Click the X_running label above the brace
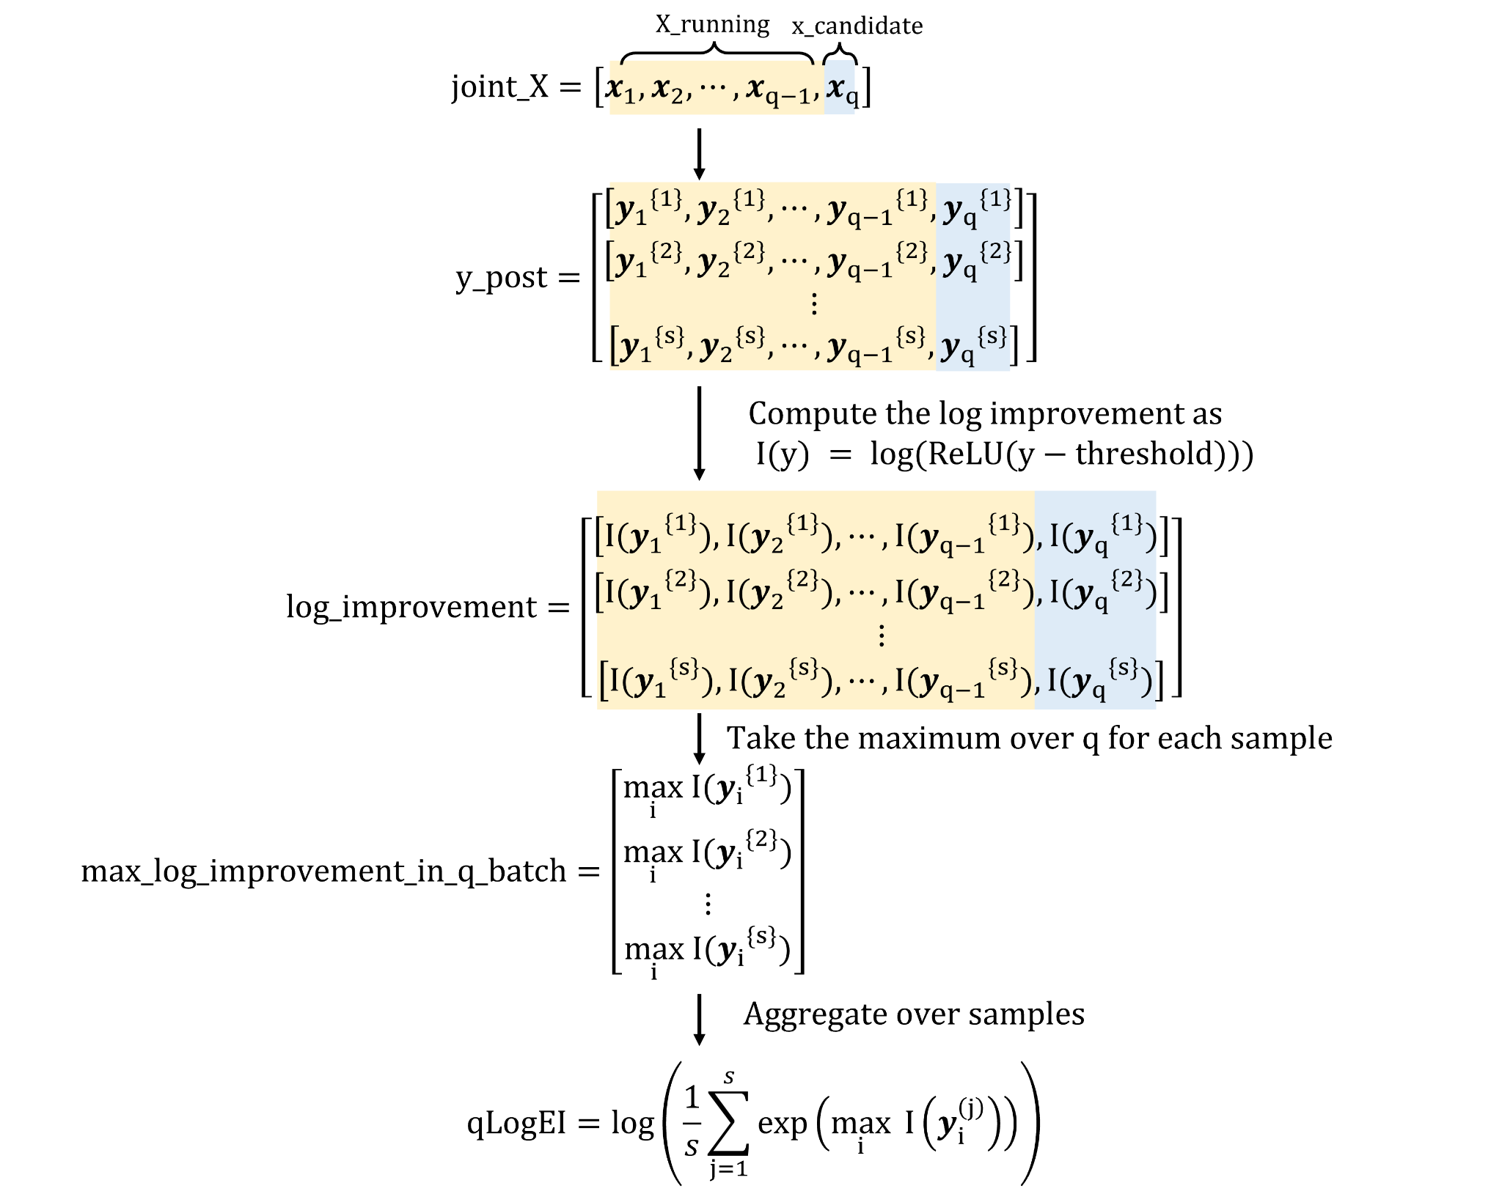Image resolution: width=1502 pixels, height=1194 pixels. point(712,24)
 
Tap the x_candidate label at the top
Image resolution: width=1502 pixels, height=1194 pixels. point(857,26)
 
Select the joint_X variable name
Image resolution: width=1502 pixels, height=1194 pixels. point(499,87)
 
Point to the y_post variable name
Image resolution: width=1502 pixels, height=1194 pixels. point(502,278)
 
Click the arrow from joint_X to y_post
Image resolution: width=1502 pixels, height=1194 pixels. point(699,154)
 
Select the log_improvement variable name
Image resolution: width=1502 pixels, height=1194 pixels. point(411,608)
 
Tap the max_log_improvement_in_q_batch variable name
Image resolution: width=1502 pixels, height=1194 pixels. point(323,871)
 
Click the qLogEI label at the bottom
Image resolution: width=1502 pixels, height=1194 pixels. point(516,1123)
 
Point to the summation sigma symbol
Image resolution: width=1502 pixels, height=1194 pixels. point(728,1122)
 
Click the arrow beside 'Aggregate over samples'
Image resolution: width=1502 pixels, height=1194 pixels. point(699,1020)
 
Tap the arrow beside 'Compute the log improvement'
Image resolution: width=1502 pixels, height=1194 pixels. point(699,433)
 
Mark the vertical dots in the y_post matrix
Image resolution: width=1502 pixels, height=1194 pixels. point(813,303)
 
